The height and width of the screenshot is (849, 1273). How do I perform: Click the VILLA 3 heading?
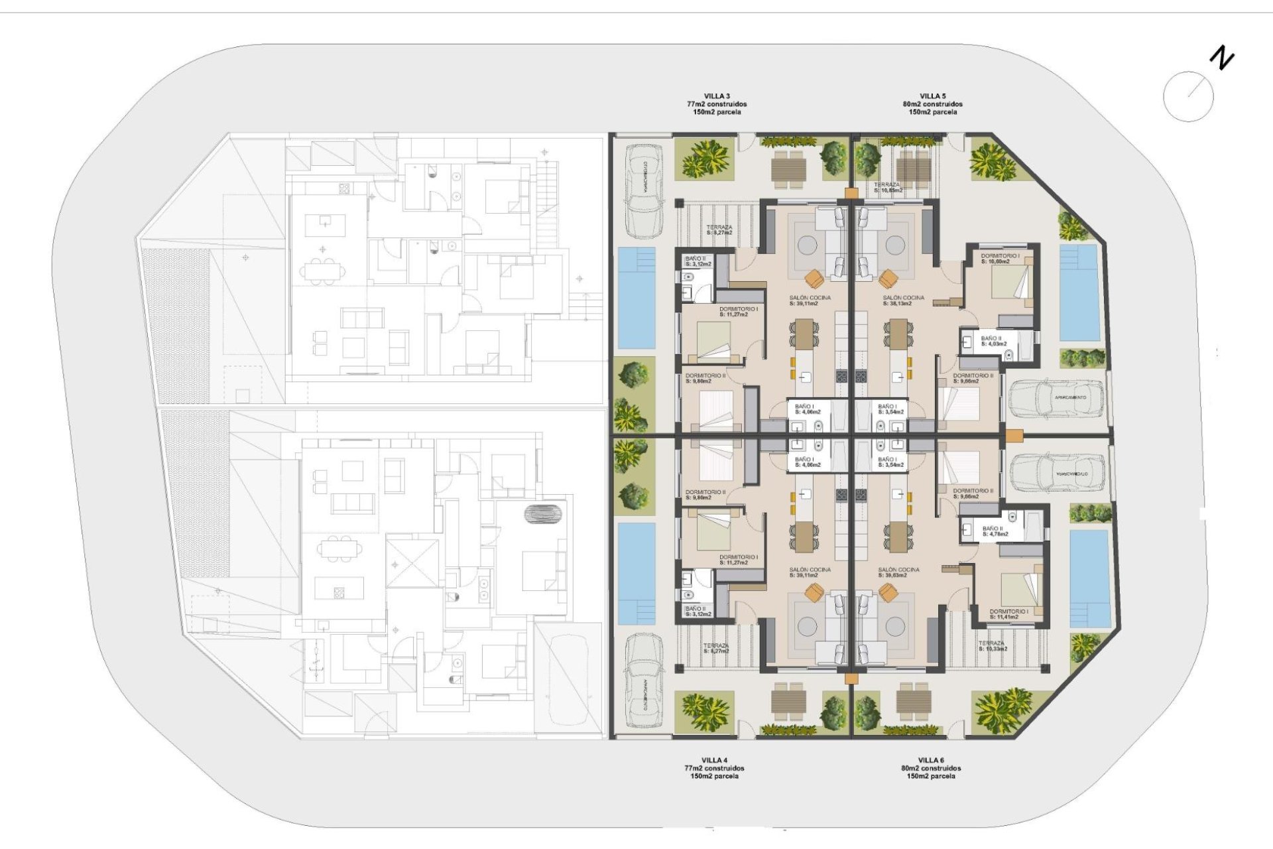(717, 96)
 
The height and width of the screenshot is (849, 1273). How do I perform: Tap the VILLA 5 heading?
(932, 96)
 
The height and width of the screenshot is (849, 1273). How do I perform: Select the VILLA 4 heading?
(714, 760)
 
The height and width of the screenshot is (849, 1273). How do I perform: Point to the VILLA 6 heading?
(931, 760)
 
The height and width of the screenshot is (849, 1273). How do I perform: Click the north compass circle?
(1188, 96)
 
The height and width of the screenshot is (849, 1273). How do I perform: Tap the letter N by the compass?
(1221, 58)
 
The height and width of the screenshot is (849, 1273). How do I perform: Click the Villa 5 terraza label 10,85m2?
(887, 188)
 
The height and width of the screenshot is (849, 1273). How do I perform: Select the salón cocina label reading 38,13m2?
(903, 300)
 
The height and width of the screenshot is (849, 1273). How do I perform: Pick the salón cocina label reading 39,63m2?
(898, 572)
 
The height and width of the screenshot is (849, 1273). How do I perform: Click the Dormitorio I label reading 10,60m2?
(1000, 259)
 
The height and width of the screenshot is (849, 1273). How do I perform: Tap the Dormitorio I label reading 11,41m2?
(1008, 614)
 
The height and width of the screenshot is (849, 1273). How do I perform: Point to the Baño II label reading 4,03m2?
(993, 341)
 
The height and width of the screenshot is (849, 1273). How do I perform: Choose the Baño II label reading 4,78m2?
(995, 531)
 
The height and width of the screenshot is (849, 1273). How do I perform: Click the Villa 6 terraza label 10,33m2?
(993, 646)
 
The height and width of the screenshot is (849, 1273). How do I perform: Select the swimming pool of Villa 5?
(1079, 293)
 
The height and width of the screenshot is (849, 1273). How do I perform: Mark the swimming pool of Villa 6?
(1089, 578)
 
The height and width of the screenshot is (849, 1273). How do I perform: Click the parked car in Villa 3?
(644, 190)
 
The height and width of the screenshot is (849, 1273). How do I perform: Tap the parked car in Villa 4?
(644, 681)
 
